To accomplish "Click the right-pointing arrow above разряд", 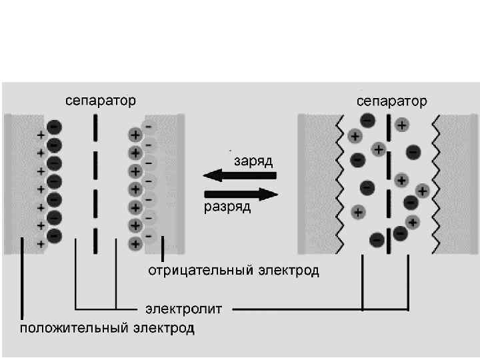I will pos(239,194).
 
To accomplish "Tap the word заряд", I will pos(253,162).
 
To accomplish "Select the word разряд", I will pos(227,207).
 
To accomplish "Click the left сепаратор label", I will pos(100,101).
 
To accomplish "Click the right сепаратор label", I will pos(392,101).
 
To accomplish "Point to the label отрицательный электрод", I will pos(233,271).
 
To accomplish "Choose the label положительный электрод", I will pos(107,328).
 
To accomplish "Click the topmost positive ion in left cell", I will pos(135,134).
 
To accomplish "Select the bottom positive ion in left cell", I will pos(135,243).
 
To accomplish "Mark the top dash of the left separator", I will pos(96,124).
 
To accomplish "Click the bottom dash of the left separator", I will pos(96,237).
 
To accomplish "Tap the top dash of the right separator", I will pos(388,126).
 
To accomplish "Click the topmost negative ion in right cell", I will pos(367,121).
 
